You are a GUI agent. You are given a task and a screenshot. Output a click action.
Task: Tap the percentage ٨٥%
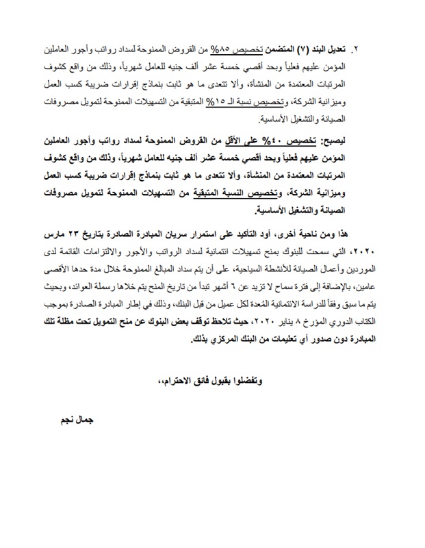coord(218,51)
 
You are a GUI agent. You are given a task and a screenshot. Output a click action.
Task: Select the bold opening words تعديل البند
coord(329,51)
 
